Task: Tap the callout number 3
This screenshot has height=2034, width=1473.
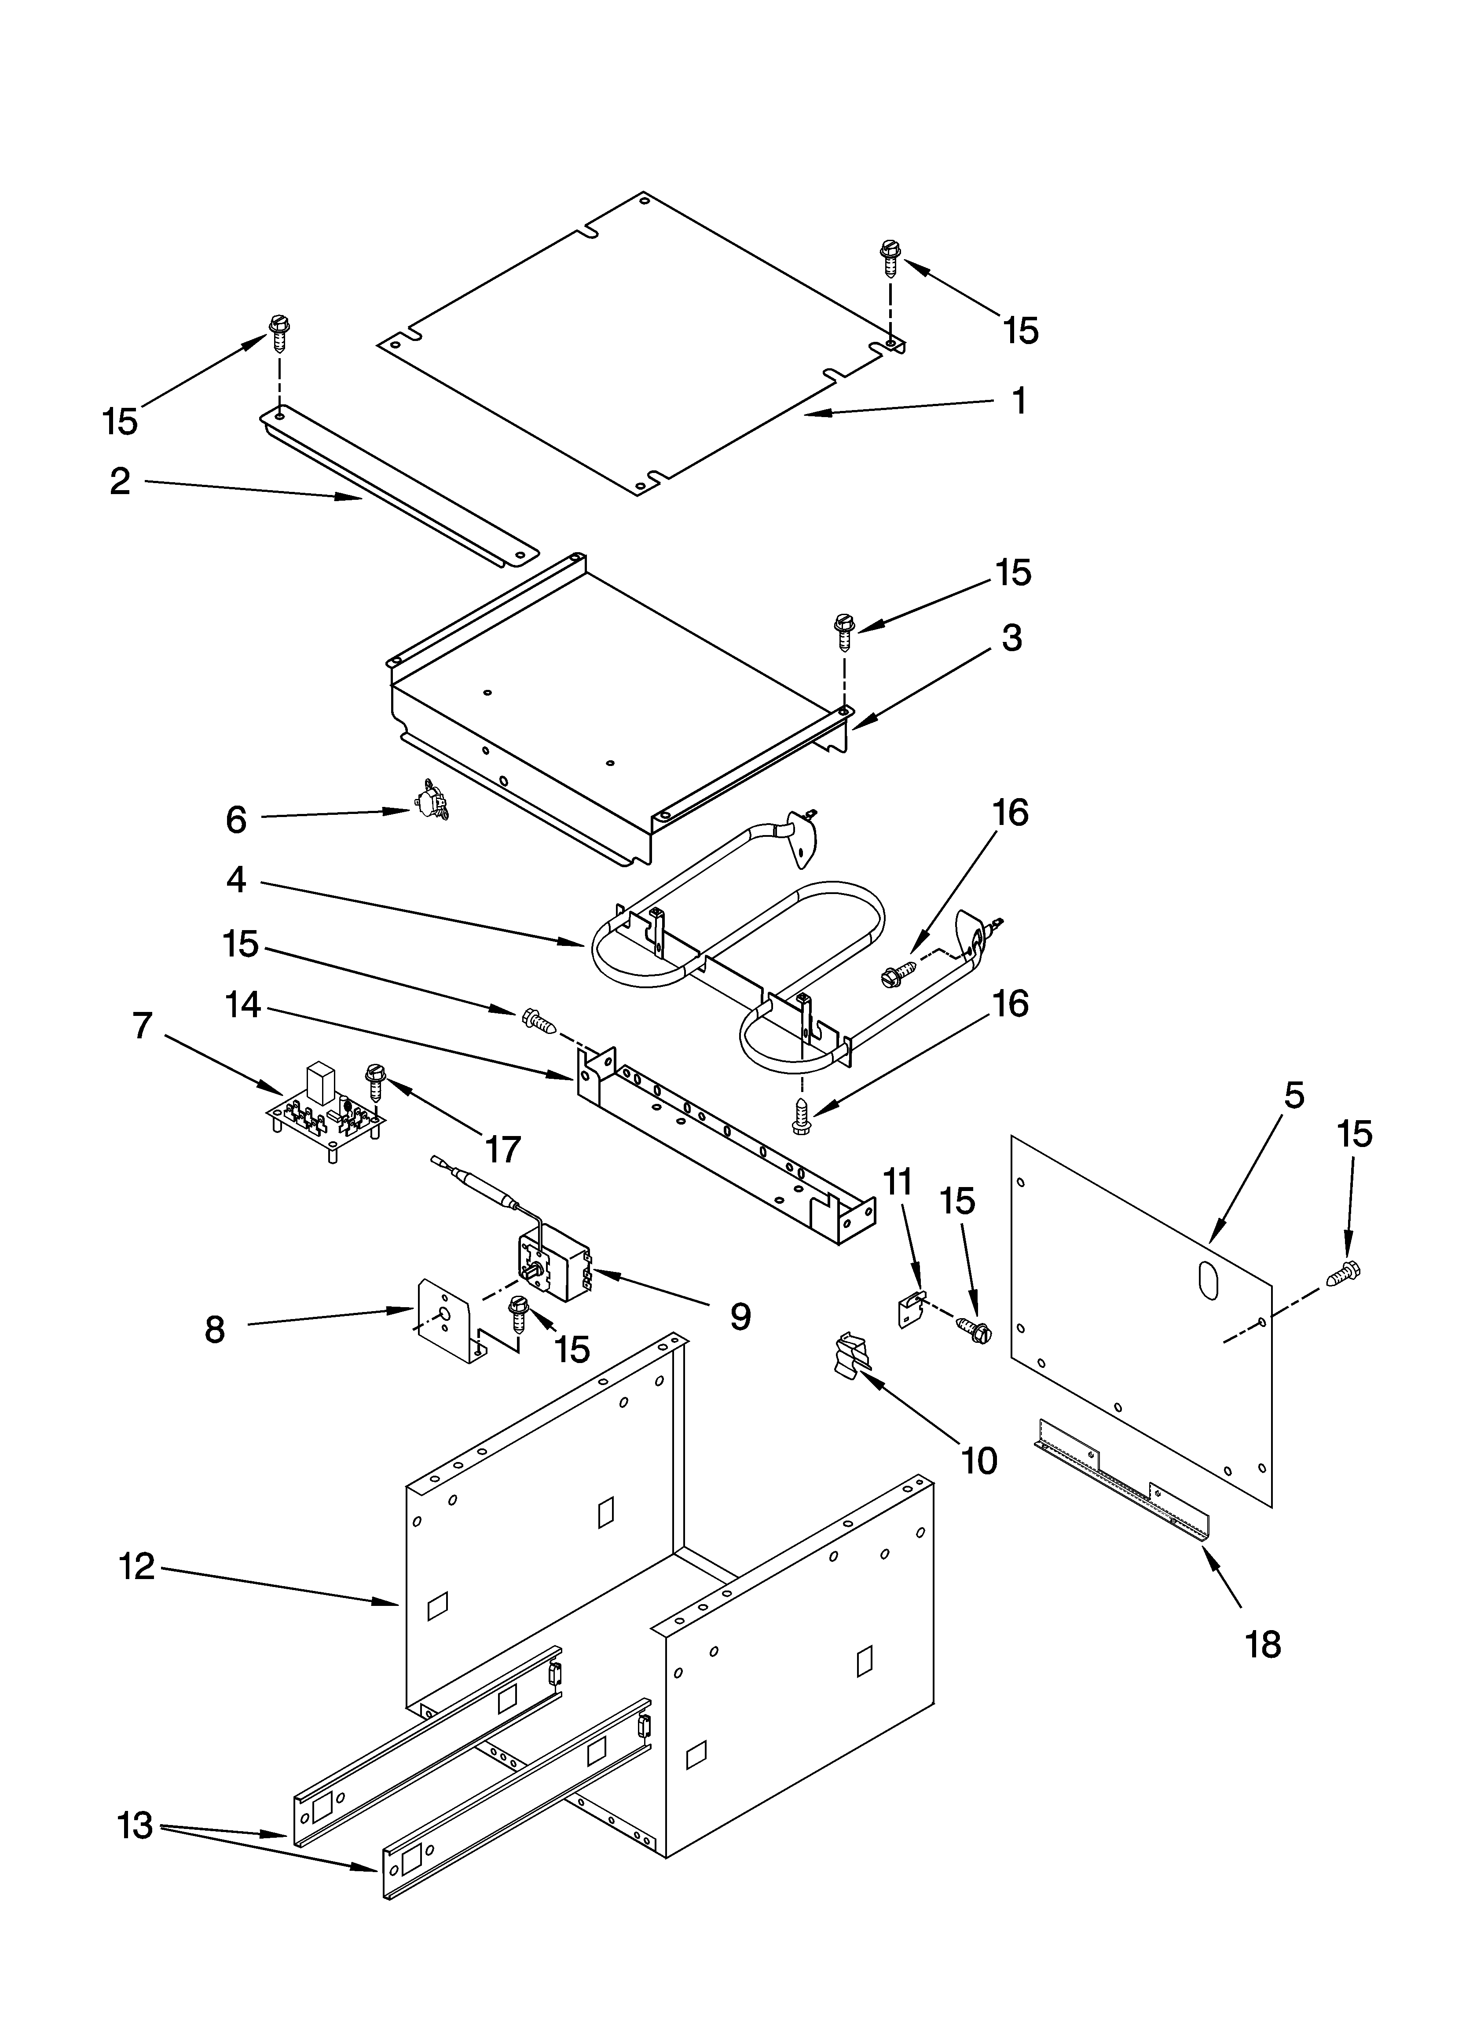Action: tap(1011, 638)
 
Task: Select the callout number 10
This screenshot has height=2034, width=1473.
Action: tap(980, 1461)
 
